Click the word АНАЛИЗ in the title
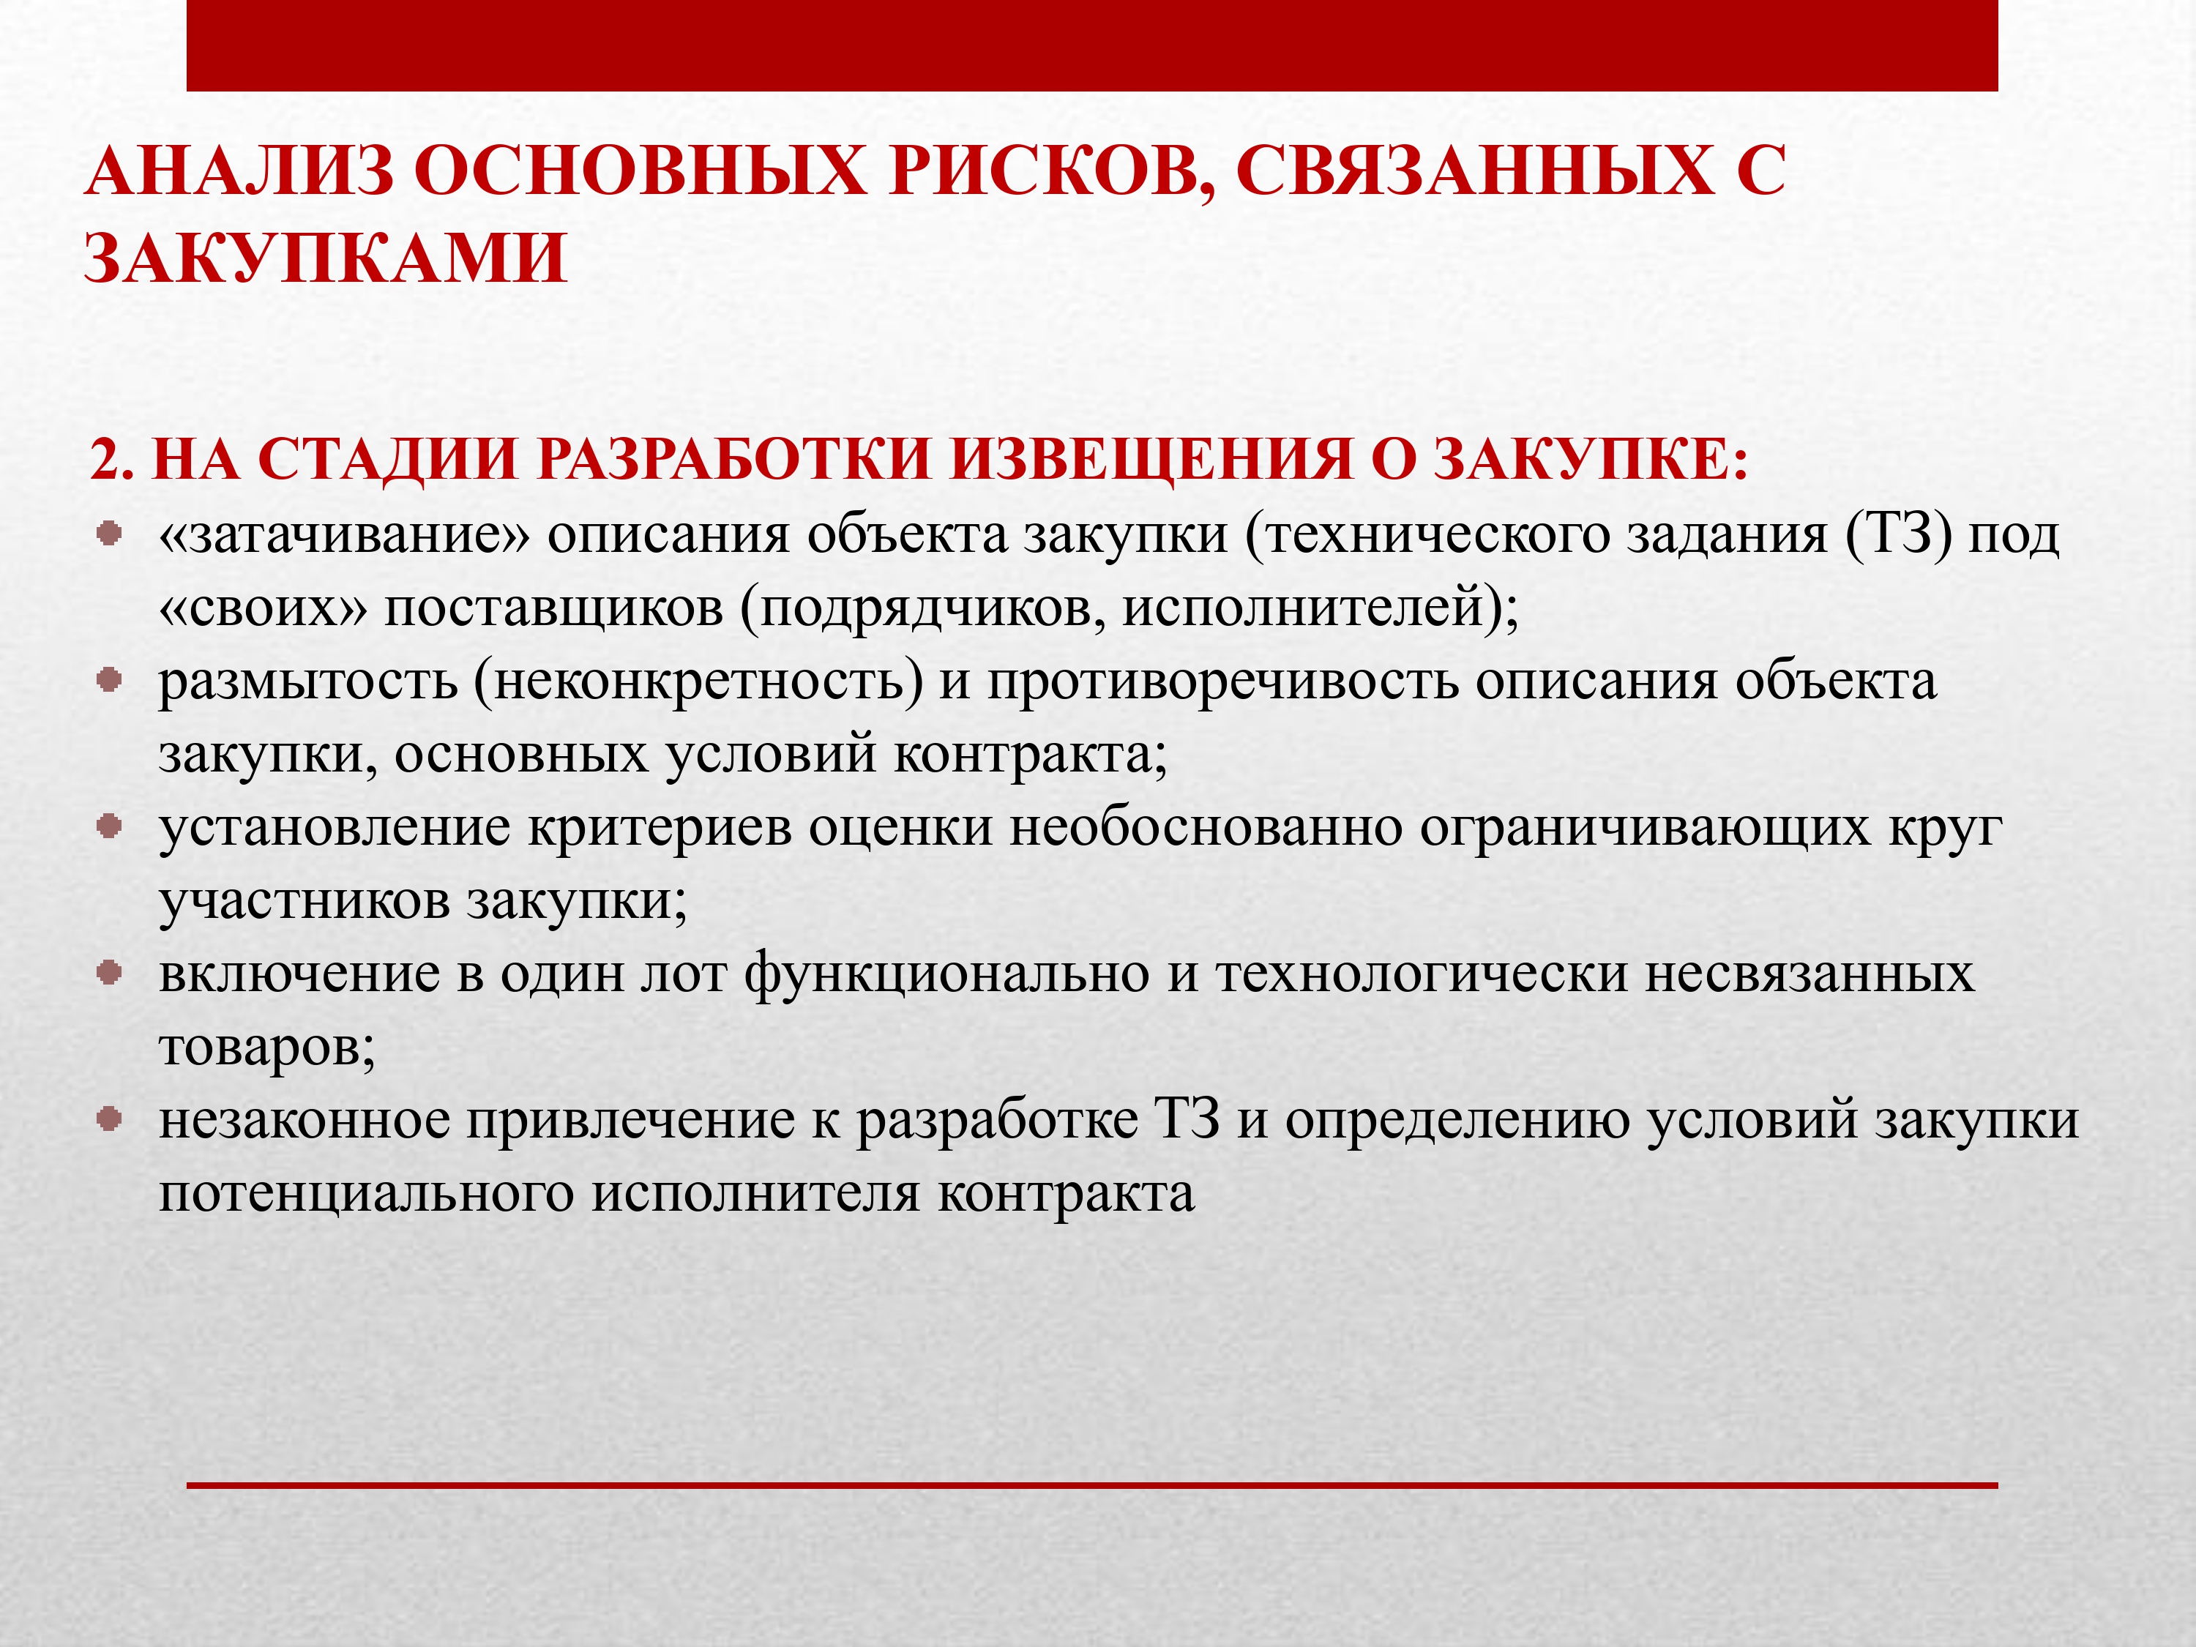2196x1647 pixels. (239, 171)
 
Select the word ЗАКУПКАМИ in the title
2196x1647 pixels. (326, 258)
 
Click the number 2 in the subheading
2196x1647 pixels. (111, 460)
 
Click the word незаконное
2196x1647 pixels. (305, 1121)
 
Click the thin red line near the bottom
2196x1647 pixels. (1092, 1485)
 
